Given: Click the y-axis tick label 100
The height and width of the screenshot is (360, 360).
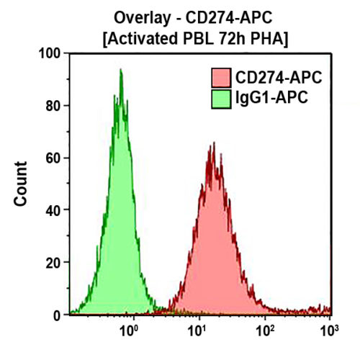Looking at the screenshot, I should pyautogui.click(x=50, y=53).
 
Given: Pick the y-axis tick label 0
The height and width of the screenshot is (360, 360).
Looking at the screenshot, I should pyautogui.click(x=57, y=315).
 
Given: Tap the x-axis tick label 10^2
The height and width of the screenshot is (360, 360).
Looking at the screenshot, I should pyautogui.click(x=264, y=332).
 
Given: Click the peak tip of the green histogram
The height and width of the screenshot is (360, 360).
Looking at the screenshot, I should pyautogui.click(x=120, y=70).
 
